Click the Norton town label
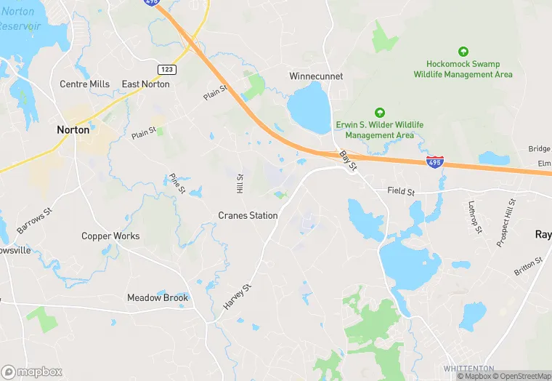coord(73,130)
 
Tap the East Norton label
coord(145,84)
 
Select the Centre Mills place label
coord(84,84)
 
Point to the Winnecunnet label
coord(316,76)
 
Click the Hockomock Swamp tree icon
coord(463,52)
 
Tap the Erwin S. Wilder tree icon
coord(379,112)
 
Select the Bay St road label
coord(349,161)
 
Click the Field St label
coord(400,192)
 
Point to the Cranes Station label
coord(248,216)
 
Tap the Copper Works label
coord(110,236)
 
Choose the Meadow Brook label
coord(158,297)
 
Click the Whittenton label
coord(469,369)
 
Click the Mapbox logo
coord(32,372)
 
